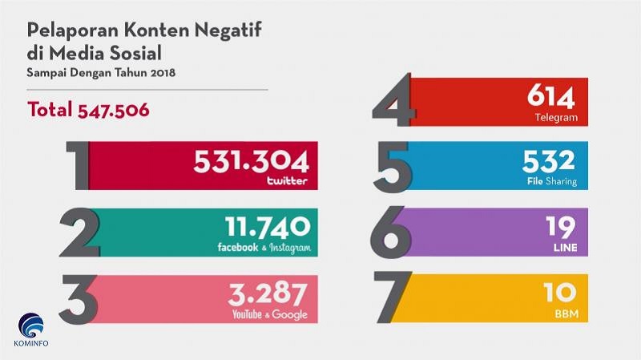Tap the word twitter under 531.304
pyautogui.click(x=287, y=181)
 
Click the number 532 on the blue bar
pyautogui.click(x=550, y=160)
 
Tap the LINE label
pyautogui.click(x=565, y=248)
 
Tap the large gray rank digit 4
pyautogui.click(x=393, y=101)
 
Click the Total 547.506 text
pyautogui.click(x=88, y=110)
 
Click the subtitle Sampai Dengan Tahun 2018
pyautogui.click(x=101, y=73)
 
